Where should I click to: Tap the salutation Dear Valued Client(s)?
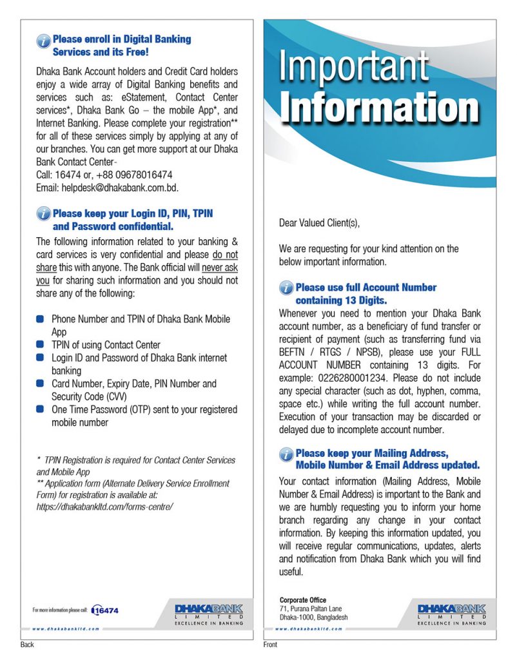click(319, 223)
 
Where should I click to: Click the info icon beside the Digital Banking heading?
click(44, 41)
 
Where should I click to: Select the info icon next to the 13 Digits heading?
click(286, 289)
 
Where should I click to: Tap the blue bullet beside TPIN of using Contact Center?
click(41, 345)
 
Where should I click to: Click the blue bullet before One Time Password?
click(41, 409)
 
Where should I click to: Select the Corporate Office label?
click(303, 600)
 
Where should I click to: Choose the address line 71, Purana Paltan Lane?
click(311, 608)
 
